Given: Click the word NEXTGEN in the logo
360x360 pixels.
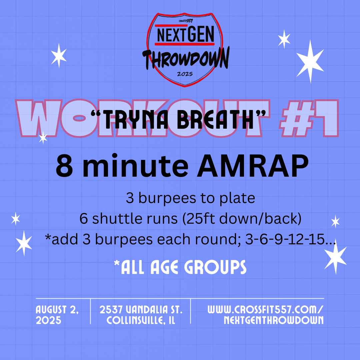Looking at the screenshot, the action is [186, 34].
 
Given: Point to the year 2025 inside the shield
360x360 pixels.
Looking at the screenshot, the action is [185, 74].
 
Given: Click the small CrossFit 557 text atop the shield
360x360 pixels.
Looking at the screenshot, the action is [186, 21].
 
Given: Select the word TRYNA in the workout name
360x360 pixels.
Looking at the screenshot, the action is [139, 119].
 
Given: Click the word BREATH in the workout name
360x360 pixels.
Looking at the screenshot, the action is [215, 119].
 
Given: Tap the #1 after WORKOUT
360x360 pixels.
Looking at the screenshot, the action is [309, 118].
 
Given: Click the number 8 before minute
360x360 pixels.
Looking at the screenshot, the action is [64, 166].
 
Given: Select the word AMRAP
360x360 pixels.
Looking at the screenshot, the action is [253, 166].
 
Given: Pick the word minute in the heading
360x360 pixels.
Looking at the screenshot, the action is [135, 166].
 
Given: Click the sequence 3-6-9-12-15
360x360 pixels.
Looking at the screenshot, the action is [285, 239].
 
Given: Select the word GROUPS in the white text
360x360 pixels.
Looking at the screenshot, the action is [215, 267].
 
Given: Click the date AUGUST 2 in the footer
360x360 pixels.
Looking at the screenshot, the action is [57, 310].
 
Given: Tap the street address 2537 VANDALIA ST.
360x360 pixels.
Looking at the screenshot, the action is [141, 310].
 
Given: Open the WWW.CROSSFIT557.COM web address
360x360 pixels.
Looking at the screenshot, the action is [265, 310].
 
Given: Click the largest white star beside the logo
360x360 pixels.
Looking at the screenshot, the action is [310, 61].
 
